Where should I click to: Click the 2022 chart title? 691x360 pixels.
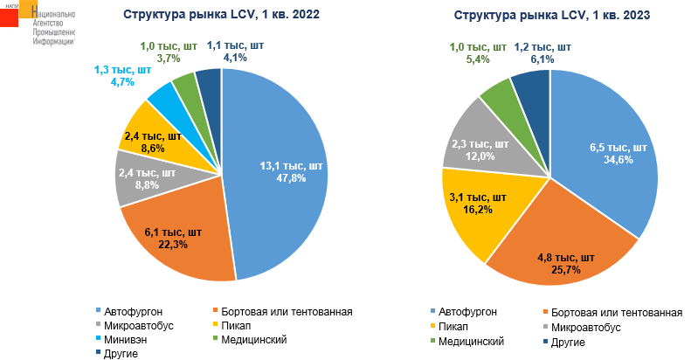(x=221, y=15)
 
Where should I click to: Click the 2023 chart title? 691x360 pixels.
(x=551, y=15)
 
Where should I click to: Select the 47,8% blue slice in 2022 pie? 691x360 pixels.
(x=280, y=175)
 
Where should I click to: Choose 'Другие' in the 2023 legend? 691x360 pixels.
(x=567, y=342)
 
